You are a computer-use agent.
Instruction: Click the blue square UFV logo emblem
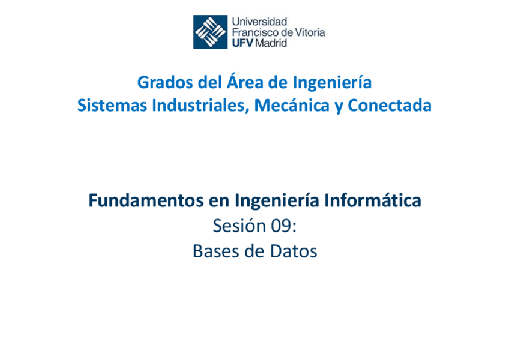tap(210, 32)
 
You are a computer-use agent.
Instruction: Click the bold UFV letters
tap(242, 43)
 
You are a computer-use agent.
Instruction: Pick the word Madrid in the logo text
tap(271, 43)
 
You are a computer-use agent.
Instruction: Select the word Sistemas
tap(112, 106)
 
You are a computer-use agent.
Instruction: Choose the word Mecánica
tap(290, 106)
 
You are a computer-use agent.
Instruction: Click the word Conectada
tap(390, 106)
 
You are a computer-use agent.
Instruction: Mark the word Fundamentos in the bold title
tap(139, 200)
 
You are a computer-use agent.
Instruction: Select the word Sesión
tap(239, 226)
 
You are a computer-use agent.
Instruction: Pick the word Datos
tap(292, 251)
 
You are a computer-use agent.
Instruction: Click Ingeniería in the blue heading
tap(332, 82)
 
